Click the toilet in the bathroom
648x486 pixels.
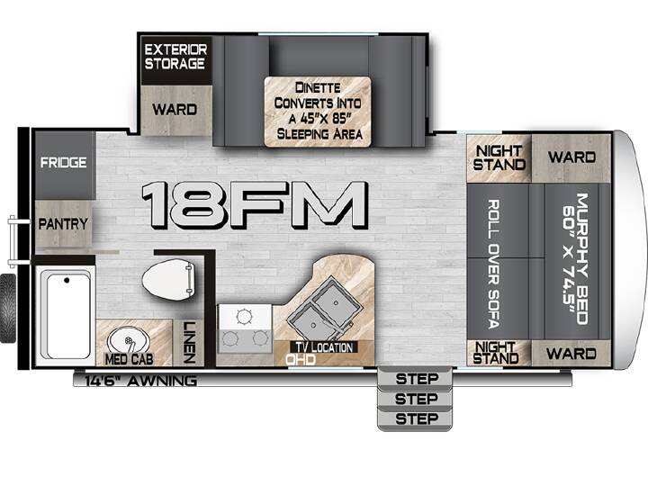tap(168, 278)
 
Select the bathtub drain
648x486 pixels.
tap(67, 281)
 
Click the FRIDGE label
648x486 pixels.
tap(64, 162)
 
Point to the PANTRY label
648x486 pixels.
tap(63, 224)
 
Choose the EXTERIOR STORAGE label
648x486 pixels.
tap(175, 57)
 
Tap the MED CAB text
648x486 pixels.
tap(129, 359)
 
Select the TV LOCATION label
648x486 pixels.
tap(324, 347)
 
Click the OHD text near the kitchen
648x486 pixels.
tap(301, 359)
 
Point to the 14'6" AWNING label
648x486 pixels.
tap(140, 381)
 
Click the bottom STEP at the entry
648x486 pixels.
tap(415, 418)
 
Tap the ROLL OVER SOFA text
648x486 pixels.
tap(493, 264)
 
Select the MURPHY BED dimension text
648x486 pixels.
tap(575, 258)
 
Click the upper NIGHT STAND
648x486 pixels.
tap(499, 157)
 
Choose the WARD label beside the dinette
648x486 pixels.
tap(175, 110)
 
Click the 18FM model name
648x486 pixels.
tap(254, 205)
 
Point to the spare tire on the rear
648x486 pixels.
tap(8, 309)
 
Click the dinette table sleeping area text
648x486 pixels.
tap(318, 111)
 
